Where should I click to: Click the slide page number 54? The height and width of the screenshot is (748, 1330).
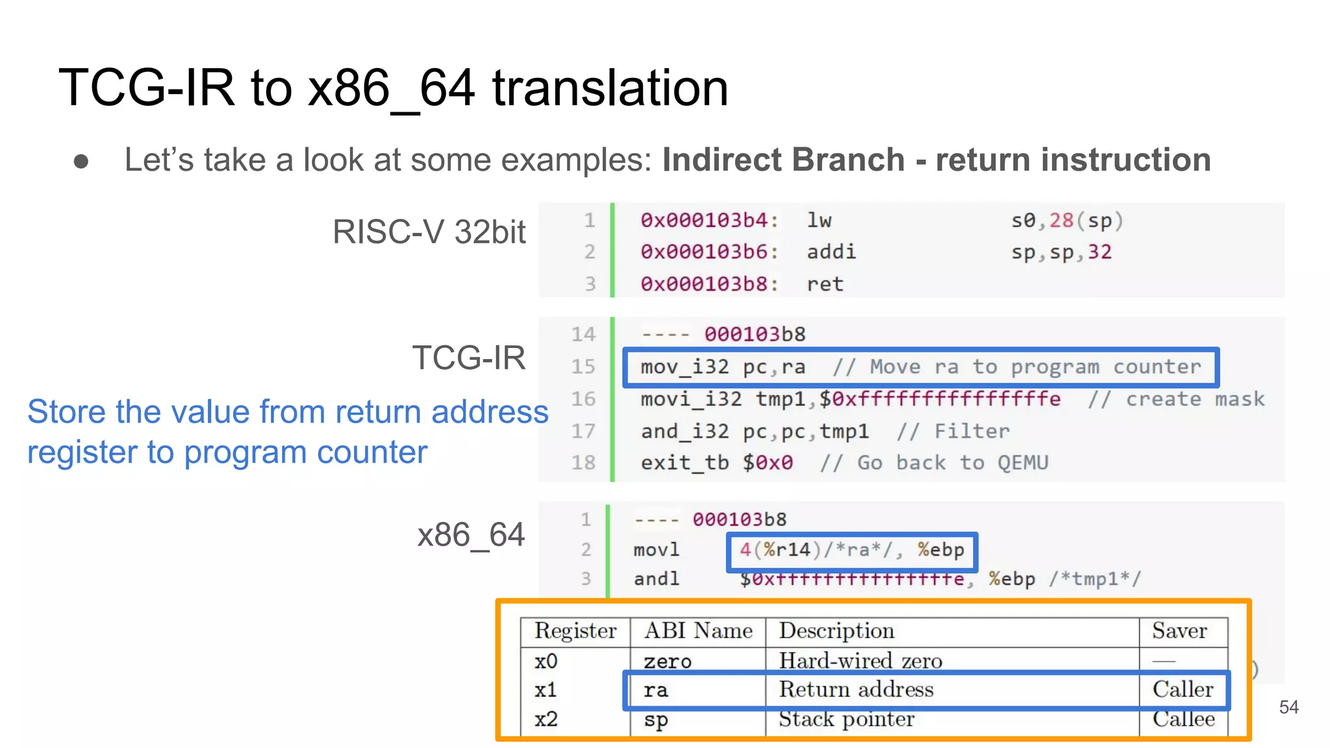pyautogui.click(x=1288, y=707)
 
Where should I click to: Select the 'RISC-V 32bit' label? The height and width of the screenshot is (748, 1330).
pyautogui.click(x=429, y=232)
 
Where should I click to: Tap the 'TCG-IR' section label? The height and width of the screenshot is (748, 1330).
pyautogui.click(x=468, y=358)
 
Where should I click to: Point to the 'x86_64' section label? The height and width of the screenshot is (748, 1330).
pyautogui.click(x=470, y=535)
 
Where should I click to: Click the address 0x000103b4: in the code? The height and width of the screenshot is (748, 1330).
pyautogui.click(x=709, y=221)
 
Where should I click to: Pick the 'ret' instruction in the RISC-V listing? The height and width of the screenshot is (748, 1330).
pyautogui.click(x=825, y=284)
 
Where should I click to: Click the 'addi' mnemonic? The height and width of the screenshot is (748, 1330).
pyautogui.click(x=831, y=252)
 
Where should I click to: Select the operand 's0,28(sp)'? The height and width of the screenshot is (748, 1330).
pyautogui.click(x=1066, y=221)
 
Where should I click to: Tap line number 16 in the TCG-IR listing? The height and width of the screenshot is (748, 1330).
pyautogui.click(x=583, y=399)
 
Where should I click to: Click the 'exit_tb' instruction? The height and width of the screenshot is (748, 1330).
pyautogui.click(x=684, y=463)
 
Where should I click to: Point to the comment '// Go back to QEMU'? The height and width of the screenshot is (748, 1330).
pyautogui.click(x=934, y=463)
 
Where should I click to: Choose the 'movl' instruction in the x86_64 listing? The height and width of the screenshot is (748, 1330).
pyautogui.click(x=657, y=550)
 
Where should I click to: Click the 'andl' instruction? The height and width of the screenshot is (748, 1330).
pyautogui.click(x=657, y=579)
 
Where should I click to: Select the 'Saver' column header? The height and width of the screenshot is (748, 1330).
pyautogui.click(x=1179, y=630)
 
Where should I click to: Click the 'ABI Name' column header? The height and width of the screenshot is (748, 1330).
pyautogui.click(x=698, y=630)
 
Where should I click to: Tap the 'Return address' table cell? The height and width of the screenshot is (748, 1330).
pyautogui.click(x=856, y=690)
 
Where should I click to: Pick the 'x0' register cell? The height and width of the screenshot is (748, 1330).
pyautogui.click(x=546, y=661)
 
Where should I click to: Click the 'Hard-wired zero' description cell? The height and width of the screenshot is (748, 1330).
pyautogui.click(x=860, y=661)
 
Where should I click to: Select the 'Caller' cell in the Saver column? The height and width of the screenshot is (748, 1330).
pyautogui.click(x=1183, y=690)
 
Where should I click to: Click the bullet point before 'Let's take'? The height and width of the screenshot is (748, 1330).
pyautogui.click(x=81, y=161)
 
